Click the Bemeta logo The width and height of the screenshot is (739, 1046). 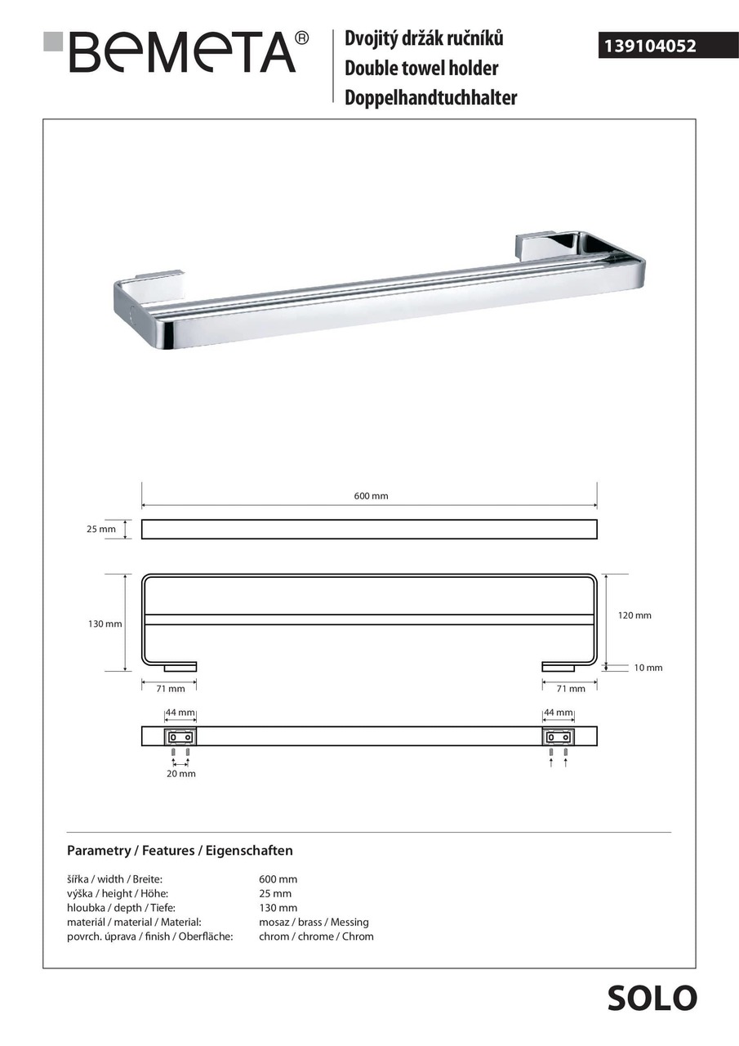(x=176, y=52)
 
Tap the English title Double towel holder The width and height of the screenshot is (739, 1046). (x=421, y=68)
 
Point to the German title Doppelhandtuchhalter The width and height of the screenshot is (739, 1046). (x=431, y=98)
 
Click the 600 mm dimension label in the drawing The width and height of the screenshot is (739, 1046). (x=371, y=496)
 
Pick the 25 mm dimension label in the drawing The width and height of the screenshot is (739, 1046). (x=101, y=530)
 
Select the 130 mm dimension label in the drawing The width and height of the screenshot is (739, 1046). (x=105, y=624)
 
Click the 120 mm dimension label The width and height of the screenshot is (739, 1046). (x=634, y=615)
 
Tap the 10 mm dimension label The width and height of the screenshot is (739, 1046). (x=648, y=668)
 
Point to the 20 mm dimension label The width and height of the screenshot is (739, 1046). (x=181, y=773)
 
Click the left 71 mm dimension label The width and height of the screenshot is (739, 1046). (x=171, y=689)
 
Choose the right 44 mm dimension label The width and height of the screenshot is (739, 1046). (x=559, y=713)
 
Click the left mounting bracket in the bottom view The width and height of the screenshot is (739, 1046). (x=180, y=736)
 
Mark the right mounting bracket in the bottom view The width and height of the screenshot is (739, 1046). (x=559, y=736)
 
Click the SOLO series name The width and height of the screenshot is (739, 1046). (x=652, y=998)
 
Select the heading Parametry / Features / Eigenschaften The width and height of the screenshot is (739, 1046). (x=180, y=851)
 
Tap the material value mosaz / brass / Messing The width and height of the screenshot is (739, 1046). (x=314, y=922)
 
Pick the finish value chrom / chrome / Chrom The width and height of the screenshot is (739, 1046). (x=316, y=936)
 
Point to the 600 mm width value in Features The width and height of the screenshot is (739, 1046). (x=278, y=879)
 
